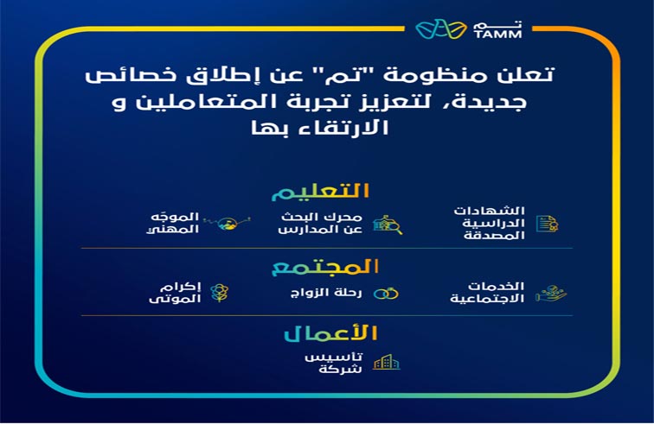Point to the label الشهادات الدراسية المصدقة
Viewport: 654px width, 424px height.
click(497, 224)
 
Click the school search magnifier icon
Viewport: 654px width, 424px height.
click(388, 225)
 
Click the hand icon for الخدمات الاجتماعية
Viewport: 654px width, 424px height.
click(548, 294)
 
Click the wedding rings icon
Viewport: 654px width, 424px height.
click(386, 294)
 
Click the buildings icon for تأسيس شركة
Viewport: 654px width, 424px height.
click(386, 362)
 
